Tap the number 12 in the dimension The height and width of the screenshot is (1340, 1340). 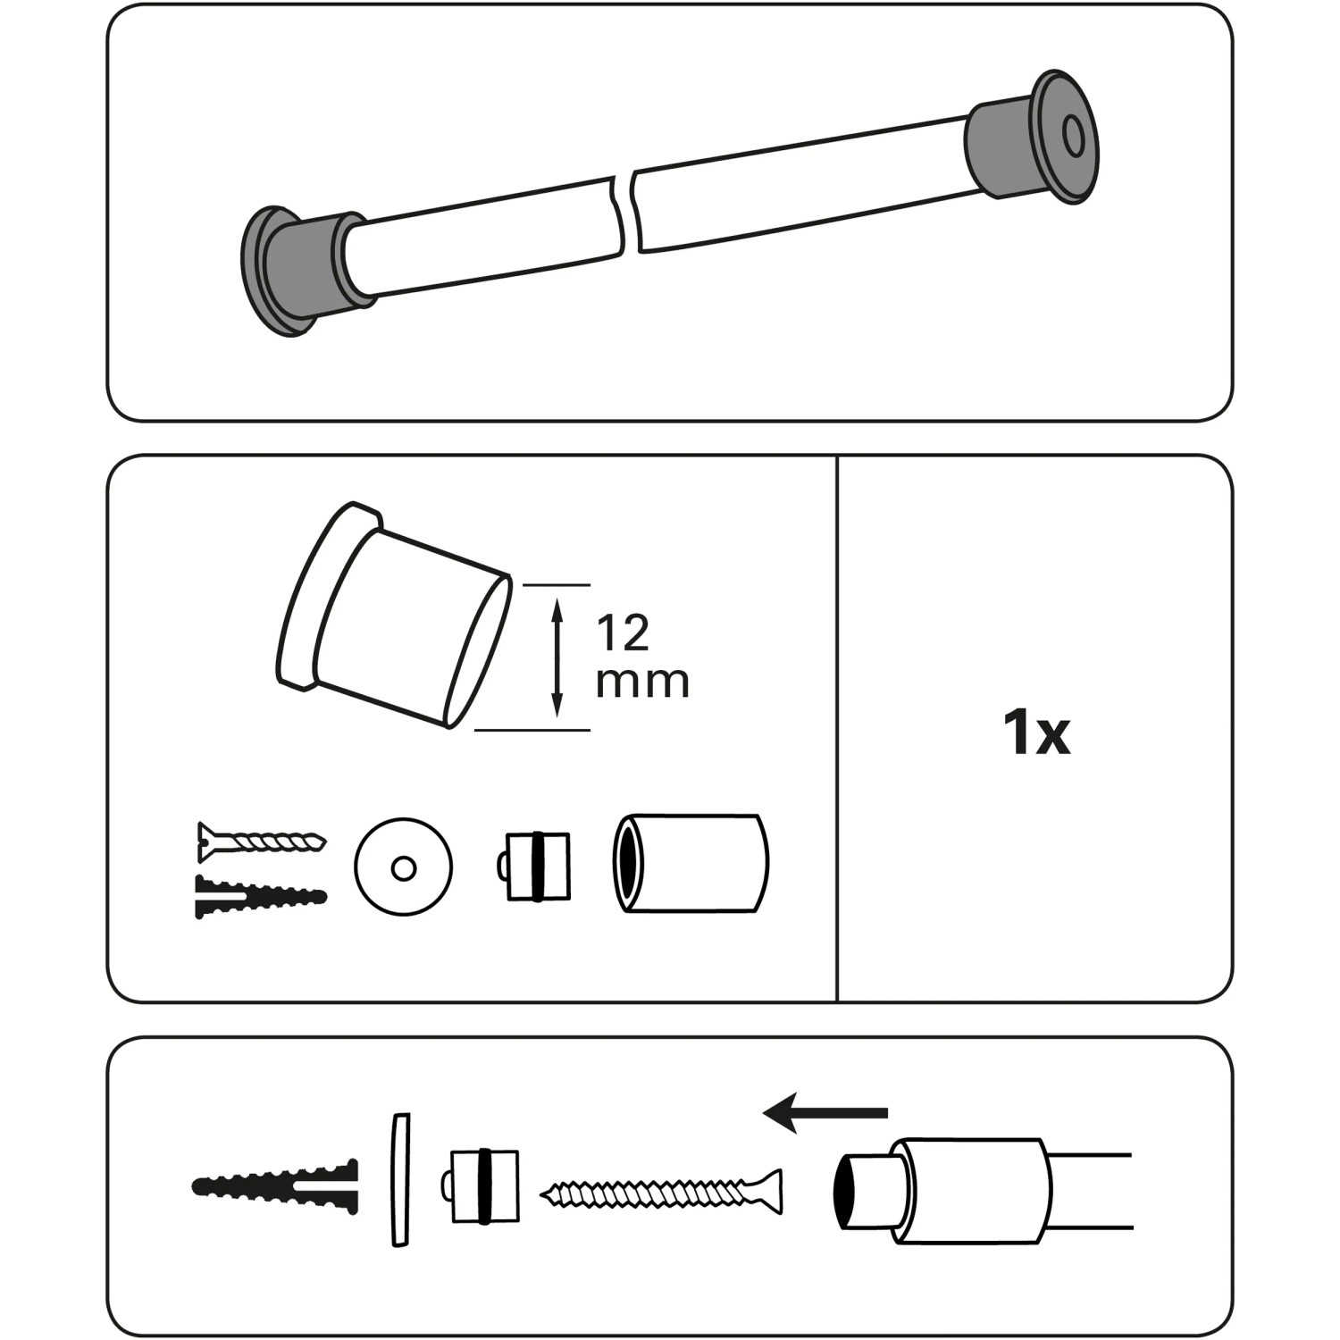coord(623,633)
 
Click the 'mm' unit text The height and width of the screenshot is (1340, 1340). coord(642,683)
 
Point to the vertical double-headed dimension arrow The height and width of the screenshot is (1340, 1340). coord(557,657)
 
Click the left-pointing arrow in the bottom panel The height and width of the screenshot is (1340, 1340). coord(825,1113)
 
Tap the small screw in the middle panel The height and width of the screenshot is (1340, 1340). coord(261,840)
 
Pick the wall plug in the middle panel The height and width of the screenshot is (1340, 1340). coord(261,896)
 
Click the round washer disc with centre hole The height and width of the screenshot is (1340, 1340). coord(403,866)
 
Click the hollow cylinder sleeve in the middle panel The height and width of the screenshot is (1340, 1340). coord(690,863)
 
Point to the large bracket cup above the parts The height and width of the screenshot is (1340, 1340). coord(393,615)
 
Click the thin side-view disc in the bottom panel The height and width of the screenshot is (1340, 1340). coord(399,1179)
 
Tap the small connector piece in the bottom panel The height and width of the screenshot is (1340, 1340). coord(480,1186)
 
